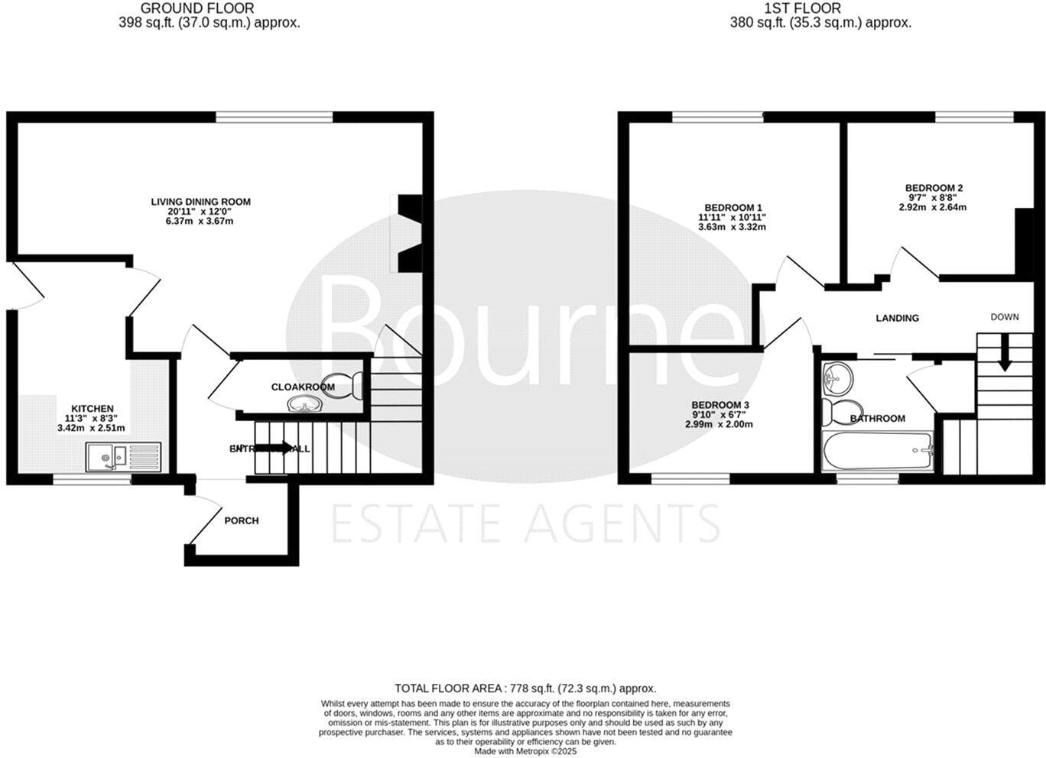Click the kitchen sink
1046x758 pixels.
[x=122, y=457]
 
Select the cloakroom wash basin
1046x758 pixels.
[x=302, y=404]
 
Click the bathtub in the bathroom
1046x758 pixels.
[x=877, y=450]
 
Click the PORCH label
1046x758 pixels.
[x=242, y=520]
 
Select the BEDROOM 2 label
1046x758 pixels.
[x=934, y=188]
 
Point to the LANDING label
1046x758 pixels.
[x=897, y=318]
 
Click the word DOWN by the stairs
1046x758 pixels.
[x=1005, y=316]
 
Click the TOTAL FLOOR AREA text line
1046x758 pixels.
[x=525, y=688]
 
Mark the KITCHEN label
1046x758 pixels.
[x=93, y=409]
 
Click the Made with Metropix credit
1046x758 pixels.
[x=525, y=751]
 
